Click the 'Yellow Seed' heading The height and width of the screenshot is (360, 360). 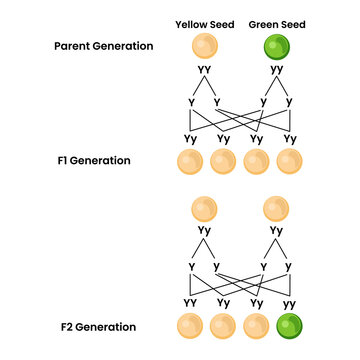pyautogui.click(x=204, y=23)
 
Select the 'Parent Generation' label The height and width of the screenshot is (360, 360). pyautogui.click(x=105, y=46)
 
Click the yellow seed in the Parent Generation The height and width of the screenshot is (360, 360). pyautogui.click(x=204, y=47)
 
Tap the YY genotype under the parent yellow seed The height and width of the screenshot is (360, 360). pyautogui.click(x=204, y=71)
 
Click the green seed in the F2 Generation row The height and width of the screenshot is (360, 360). pyautogui.click(x=289, y=326)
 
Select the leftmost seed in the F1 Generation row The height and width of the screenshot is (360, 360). pyautogui.click(x=189, y=161)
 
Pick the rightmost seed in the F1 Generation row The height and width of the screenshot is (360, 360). pyautogui.click(x=289, y=161)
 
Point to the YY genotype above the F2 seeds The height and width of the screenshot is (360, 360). pyautogui.click(x=189, y=303)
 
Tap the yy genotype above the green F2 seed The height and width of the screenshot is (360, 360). pyautogui.click(x=289, y=303)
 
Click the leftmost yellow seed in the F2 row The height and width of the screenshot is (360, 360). pyautogui.click(x=189, y=326)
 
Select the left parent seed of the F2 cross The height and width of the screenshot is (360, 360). pyautogui.click(x=204, y=209)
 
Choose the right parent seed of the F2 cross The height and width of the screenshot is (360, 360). pyautogui.click(x=273, y=209)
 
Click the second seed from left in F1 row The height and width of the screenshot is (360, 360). pyautogui.click(x=222, y=161)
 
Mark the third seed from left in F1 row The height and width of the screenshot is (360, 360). pyautogui.click(x=256, y=161)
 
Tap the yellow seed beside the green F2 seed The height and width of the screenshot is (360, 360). pyautogui.click(x=256, y=326)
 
